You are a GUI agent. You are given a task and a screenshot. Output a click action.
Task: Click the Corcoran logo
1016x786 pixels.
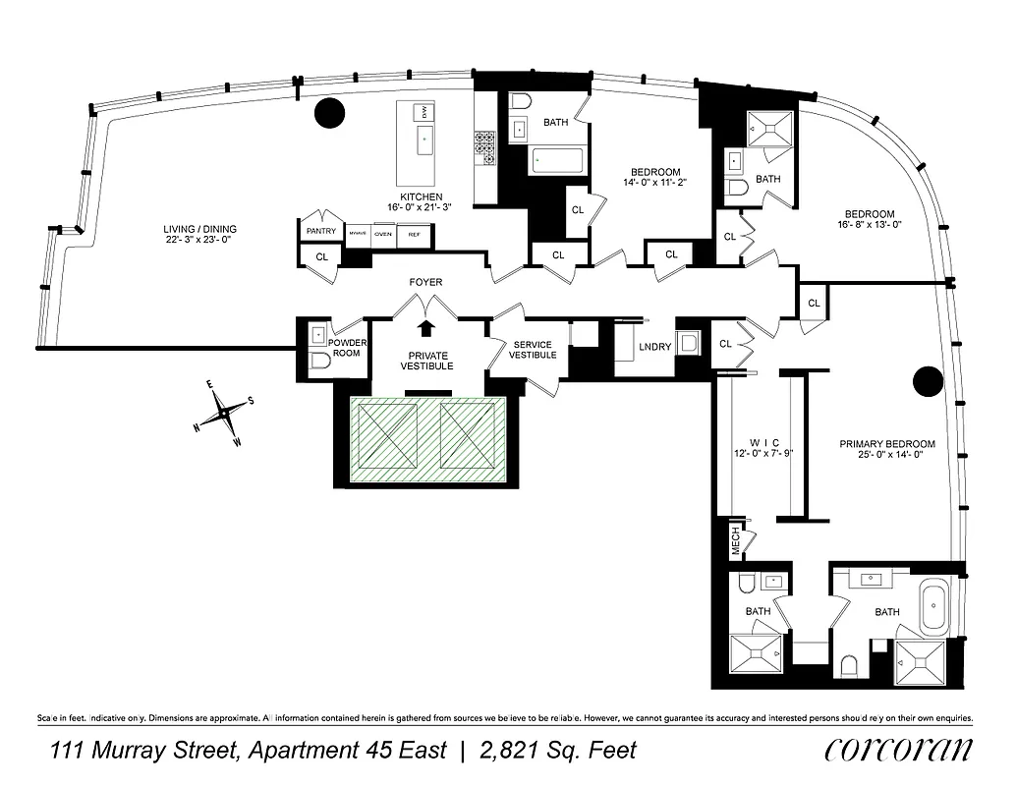[x=898, y=751]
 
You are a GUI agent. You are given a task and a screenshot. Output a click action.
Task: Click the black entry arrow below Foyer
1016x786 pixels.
[x=426, y=327]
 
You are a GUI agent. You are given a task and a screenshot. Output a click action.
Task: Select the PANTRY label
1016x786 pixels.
[x=320, y=232]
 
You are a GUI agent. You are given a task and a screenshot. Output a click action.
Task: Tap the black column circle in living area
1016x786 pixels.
[x=330, y=113]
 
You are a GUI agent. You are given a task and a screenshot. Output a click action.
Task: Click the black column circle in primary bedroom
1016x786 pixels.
[x=928, y=381]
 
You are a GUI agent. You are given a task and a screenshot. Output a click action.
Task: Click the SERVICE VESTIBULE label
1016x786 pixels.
[x=532, y=350]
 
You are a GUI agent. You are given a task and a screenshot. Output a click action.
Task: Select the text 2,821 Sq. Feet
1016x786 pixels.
[x=557, y=752]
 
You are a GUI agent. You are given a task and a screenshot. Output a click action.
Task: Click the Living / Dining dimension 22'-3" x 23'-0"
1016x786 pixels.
[x=200, y=241]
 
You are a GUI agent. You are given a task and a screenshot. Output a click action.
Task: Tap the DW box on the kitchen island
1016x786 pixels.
[x=424, y=114]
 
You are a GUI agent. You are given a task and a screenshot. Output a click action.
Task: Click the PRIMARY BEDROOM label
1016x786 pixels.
[x=887, y=444]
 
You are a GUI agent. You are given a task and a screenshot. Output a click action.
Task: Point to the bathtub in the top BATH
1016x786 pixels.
[x=556, y=161]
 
